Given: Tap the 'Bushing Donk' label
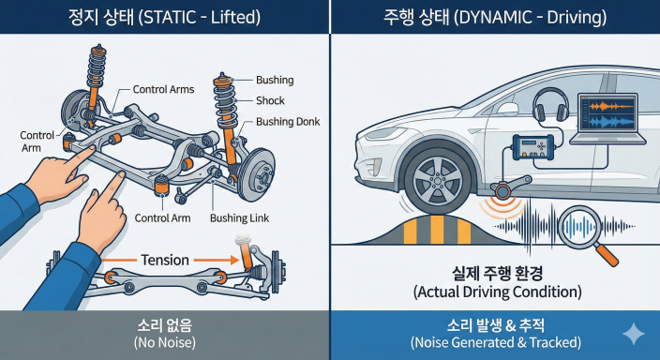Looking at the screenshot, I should [x=286, y=122].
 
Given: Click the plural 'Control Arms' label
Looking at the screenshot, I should [x=163, y=89].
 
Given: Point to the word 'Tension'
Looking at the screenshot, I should [x=164, y=260].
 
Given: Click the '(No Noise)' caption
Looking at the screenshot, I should [x=164, y=342].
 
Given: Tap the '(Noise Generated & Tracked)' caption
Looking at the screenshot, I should [x=495, y=342].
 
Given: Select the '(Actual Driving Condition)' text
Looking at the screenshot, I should [x=495, y=292].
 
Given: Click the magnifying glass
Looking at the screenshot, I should [x=580, y=231].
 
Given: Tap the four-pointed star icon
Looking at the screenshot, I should [x=634, y=334].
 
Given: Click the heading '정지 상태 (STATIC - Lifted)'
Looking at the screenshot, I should [x=164, y=17].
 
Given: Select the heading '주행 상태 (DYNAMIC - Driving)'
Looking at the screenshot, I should [x=495, y=17].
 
